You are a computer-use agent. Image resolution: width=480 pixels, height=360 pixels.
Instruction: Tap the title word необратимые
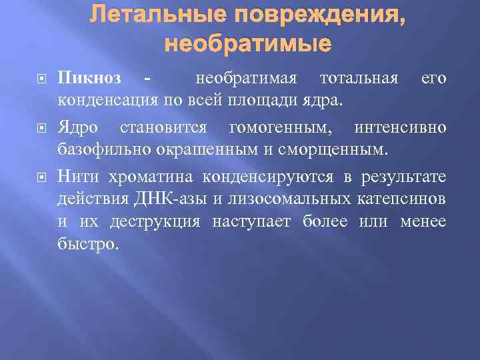247,44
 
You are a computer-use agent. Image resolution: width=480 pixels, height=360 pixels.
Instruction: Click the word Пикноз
89,79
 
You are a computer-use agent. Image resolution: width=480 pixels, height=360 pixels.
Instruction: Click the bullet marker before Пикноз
40,79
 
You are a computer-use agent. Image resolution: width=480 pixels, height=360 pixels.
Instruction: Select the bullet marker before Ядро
40,127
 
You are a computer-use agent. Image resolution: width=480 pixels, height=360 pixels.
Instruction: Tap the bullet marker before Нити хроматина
40,177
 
